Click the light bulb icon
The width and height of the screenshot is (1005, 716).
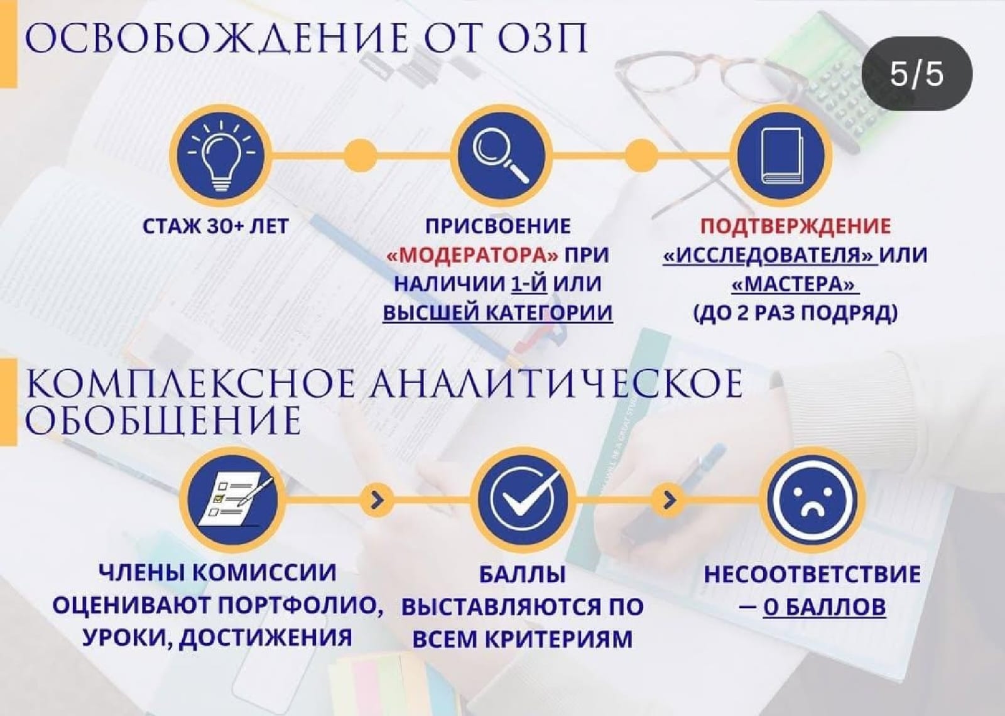[220, 156]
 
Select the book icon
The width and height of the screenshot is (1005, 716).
[781, 156]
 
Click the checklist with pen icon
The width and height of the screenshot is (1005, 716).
[232, 499]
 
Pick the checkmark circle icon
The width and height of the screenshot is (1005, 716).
[523, 499]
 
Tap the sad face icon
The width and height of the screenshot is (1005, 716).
[813, 499]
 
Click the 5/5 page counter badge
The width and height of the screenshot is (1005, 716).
[917, 73]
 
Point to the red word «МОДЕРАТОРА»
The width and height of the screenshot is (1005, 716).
[472, 256]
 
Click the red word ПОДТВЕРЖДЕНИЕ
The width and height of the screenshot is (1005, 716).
[795, 226]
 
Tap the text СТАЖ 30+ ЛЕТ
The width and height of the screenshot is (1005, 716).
[215, 226]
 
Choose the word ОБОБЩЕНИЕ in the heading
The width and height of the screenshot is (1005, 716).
[163, 420]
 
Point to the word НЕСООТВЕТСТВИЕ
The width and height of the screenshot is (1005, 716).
[812, 575]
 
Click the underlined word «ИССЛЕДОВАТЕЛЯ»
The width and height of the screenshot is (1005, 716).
[770, 256]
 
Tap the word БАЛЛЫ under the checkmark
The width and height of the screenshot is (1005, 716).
[522, 575]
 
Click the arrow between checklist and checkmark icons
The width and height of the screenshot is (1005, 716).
[378, 499]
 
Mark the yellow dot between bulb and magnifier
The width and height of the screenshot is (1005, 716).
[360, 155]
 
